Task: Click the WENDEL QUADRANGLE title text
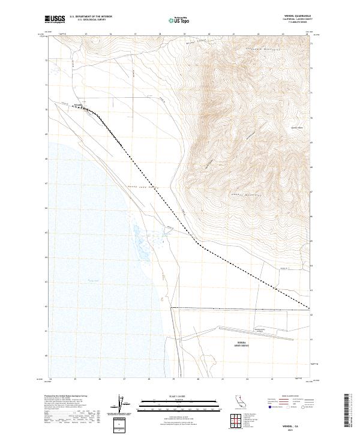(x=294, y=16)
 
